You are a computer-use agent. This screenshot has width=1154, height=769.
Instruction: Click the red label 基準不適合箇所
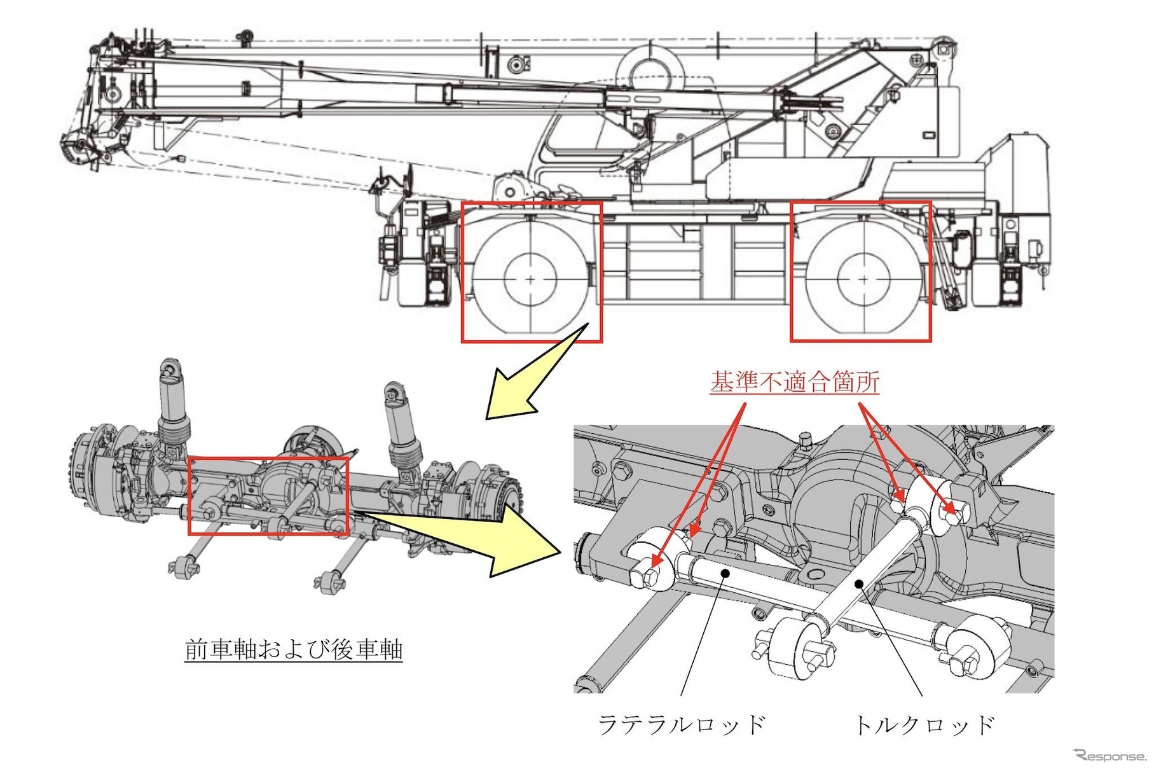point(794,382)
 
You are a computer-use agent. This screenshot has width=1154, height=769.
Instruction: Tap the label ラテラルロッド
point(681,724)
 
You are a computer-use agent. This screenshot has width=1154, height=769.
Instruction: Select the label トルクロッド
point(924,724)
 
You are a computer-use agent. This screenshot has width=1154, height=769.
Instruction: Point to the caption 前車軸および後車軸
point(293,650)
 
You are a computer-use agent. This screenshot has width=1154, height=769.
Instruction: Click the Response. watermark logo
point(1109,755)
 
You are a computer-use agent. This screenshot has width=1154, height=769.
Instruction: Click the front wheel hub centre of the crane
point(530,279)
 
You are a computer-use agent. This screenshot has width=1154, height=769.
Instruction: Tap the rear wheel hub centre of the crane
point(863,279)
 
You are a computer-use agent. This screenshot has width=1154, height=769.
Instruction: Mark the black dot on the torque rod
point(859,582)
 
